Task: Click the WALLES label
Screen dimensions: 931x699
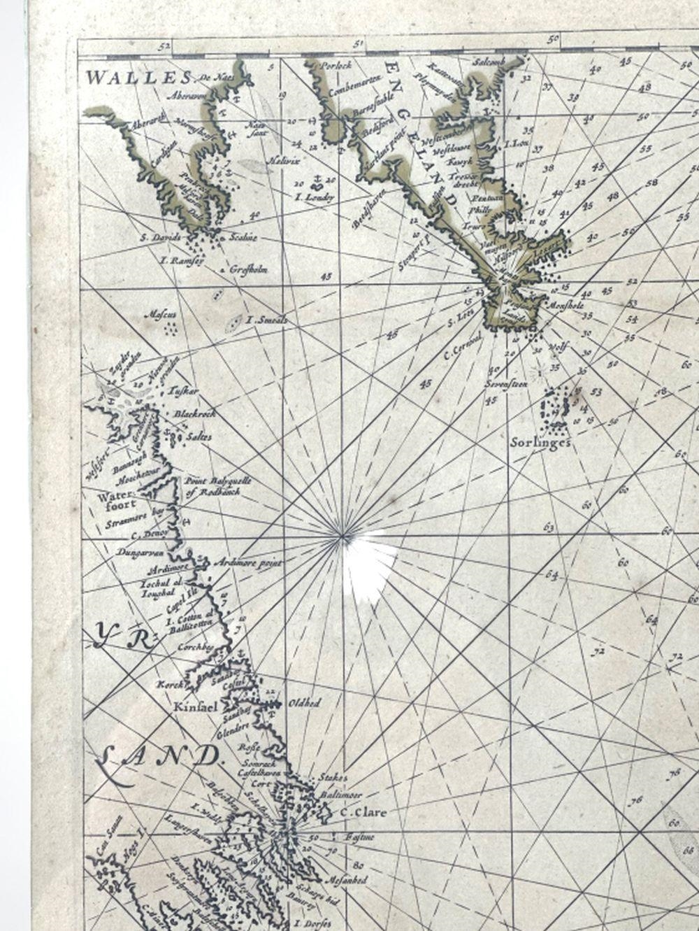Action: (x=115, y=76)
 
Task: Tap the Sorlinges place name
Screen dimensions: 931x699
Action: (x=541, y=442)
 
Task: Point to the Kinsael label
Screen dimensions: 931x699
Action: (x=189, y=707)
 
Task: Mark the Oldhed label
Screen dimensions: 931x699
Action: (x=304, y=703)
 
